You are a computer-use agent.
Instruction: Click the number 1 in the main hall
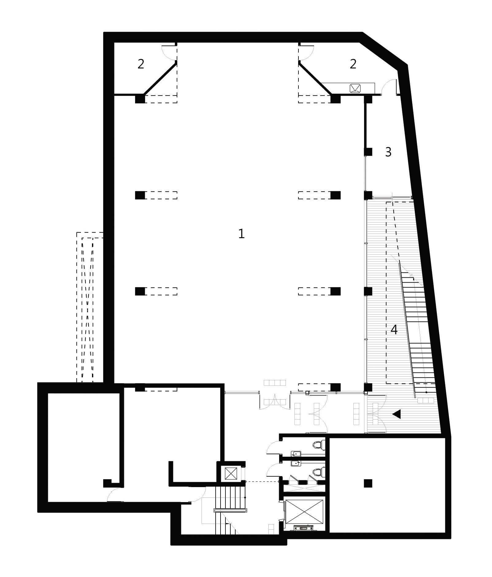(241, 234)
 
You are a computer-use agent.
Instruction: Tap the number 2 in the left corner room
(141, 64)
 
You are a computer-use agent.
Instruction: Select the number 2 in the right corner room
(353, 64)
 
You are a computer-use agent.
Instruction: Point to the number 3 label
(388, 152)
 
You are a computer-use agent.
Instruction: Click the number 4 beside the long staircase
(394, 330)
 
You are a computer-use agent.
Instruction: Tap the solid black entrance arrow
(397, 414)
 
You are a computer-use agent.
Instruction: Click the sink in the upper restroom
(296, 453)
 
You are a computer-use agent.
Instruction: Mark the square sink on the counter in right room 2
(356, 88)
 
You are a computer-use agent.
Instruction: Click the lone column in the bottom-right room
(368, 484)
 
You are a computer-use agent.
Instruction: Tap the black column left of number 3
(368, 152)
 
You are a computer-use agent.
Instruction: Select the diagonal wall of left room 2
(160, 78)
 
